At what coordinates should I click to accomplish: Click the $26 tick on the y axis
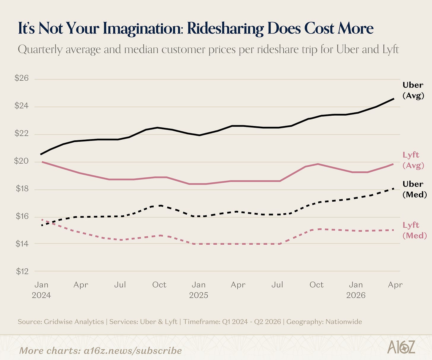22,78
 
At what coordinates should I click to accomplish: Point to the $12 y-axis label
22,271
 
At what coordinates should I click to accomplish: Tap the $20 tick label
21,161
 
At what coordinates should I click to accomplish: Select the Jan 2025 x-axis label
198,290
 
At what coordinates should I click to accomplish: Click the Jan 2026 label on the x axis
356,290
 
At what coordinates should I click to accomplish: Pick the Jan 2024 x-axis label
41,290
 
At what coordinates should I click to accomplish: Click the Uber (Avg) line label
413,90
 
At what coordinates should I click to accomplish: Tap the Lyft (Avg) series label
413,160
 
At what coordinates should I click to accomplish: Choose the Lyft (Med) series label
414,230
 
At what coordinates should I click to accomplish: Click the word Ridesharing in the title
225,28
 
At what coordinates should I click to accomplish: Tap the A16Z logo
401,347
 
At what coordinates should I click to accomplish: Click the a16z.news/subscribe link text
133,351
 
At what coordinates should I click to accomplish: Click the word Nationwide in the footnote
344,322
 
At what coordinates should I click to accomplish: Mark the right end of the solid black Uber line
393,99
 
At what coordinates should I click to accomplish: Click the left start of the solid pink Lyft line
42,162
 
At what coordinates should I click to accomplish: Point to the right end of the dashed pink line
393,230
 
